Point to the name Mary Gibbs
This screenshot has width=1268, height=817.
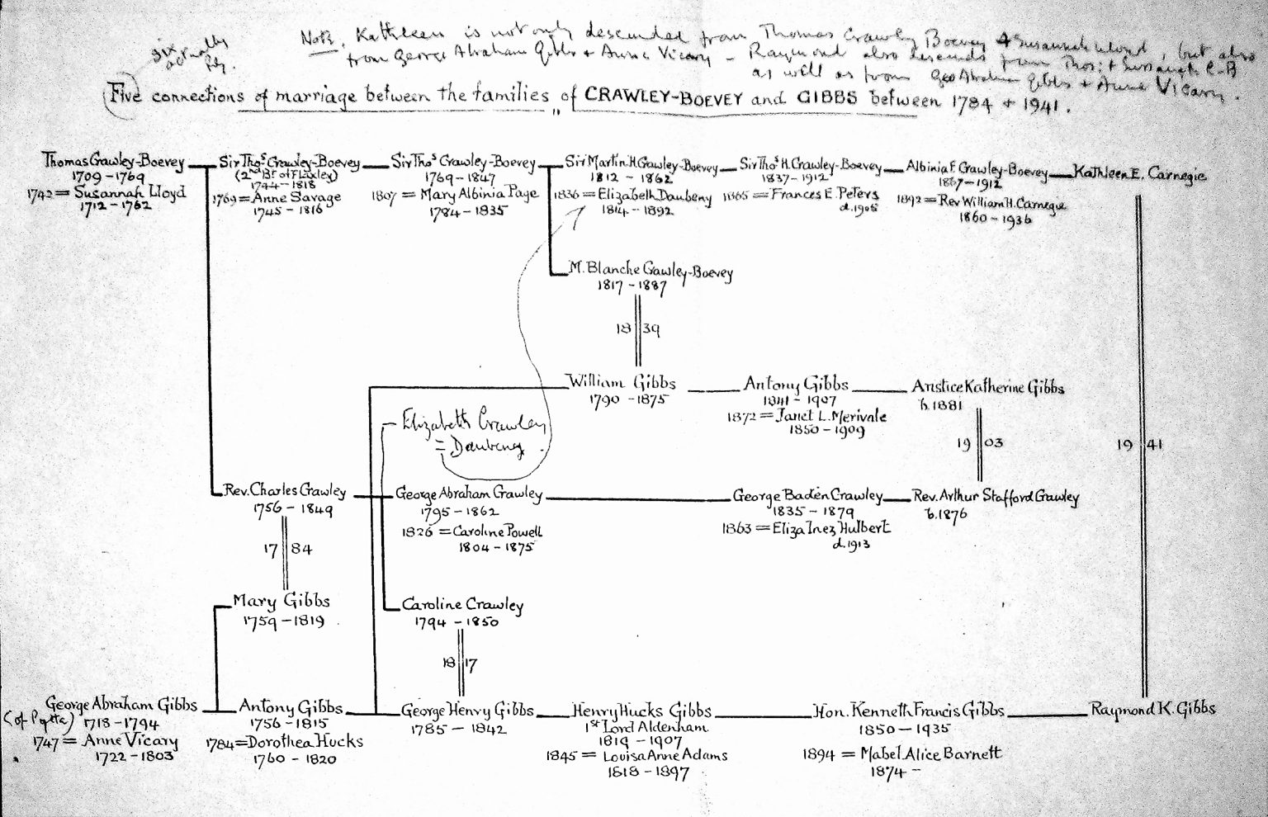pos(281,602)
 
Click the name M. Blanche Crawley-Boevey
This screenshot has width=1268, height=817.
pos(651,271)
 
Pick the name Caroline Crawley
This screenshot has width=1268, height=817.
pos(463,605)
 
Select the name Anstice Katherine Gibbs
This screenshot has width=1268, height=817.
pos(988,387)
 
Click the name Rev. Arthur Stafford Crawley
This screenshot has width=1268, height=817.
pos(996,497)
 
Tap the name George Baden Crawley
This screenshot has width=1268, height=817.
pos(807,497)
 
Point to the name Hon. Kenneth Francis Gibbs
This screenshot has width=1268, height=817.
pos(908,710)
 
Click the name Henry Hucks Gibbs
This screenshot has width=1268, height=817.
pos(641,711)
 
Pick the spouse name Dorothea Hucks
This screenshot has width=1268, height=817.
pos(299,741)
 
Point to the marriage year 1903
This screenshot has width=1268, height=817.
pos(980,443)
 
